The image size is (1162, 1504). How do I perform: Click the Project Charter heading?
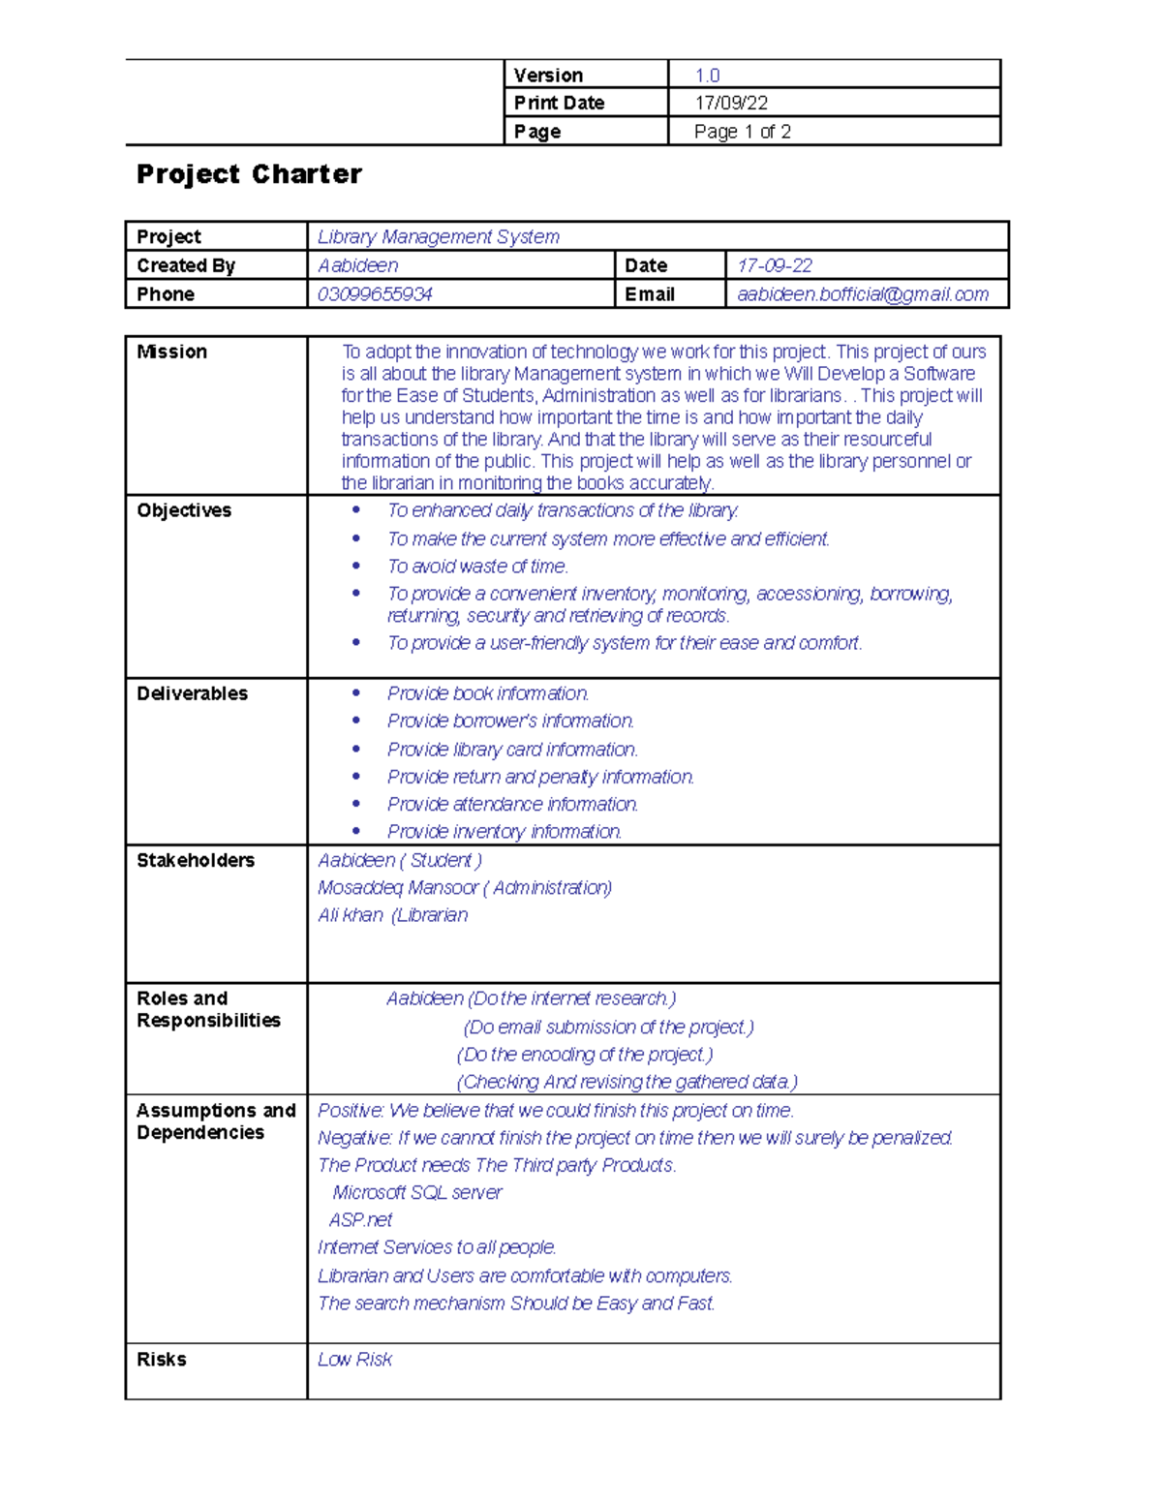click(249, 174)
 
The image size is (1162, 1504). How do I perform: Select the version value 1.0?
click(707, 76)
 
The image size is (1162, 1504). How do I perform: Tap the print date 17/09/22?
click(731, 103)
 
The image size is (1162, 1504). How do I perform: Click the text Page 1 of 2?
click(742, 132)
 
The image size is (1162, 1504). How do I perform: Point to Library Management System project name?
click(438, 237)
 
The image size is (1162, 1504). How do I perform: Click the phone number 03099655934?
click(375, 294)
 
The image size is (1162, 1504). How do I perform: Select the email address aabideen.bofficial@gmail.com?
click(862, 294)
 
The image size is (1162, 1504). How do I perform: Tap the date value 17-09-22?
click(775, 265)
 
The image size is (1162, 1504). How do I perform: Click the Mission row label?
click(171, 352)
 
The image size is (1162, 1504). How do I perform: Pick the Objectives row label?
click(184, 510)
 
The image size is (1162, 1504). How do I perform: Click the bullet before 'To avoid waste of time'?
click(356, 566)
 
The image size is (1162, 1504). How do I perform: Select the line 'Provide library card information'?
click(512, 750)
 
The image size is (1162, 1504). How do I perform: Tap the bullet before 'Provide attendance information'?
click(356, 804)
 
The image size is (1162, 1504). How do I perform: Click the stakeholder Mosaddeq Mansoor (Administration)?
click(465, 888)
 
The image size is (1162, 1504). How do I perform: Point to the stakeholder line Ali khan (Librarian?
click(392, 915)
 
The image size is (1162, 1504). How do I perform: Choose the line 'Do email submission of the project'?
click(608, 1028)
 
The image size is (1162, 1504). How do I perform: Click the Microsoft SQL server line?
click(417, 1193)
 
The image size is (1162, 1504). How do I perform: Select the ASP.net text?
click(360, 1220)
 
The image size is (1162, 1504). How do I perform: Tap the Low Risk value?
click(354, 1360)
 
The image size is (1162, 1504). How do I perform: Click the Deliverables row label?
click(192, 693)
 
